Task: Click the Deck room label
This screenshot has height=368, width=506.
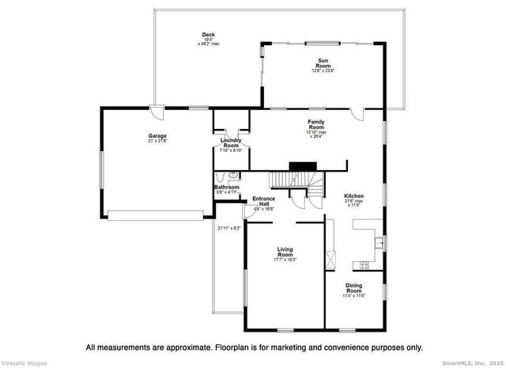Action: [x=209, y=34]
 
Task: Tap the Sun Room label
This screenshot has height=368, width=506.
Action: [x=323, y=63]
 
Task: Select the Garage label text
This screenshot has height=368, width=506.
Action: [x=157, y=136]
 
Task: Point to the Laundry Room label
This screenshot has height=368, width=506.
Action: [x=231, y=143]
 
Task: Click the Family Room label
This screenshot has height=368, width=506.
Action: [x=316, y=124]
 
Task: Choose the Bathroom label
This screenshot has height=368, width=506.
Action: [x=227, y=187]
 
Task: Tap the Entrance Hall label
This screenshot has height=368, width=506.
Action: [x=263, y=201]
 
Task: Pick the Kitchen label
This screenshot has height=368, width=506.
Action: [x=353, y=195]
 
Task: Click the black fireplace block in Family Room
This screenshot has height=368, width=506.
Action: [x=300, y=166]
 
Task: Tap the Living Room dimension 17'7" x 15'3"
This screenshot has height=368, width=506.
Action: [x=285, y=260]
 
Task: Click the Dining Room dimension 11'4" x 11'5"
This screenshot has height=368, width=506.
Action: [x=354, y=296]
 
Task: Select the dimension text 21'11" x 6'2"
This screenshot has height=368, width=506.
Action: [x=229, y=227]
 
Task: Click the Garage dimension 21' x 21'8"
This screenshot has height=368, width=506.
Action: [x=157, y=142]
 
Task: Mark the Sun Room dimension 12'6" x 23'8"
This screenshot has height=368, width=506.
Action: [x=323, y=71]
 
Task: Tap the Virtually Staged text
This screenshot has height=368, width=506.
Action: [x=24, y=363]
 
